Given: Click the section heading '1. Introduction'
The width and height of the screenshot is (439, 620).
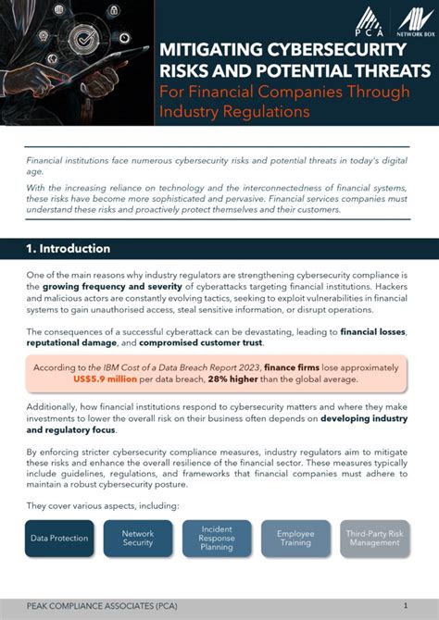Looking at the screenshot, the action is click(x=69, y=248).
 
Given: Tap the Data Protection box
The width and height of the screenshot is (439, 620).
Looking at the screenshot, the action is click(x=59, y=538).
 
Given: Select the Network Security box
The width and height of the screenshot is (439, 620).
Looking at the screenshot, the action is click(x=138, y=538).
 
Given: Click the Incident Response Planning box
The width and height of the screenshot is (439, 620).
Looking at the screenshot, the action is click(x=217, y=538).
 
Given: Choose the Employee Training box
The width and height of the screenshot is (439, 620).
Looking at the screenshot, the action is click(x=295, y=538).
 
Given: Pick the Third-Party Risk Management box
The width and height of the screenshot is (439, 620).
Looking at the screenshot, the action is click(x=375, y=538).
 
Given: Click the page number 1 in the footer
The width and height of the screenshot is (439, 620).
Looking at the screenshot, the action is click(x=405, y=604).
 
